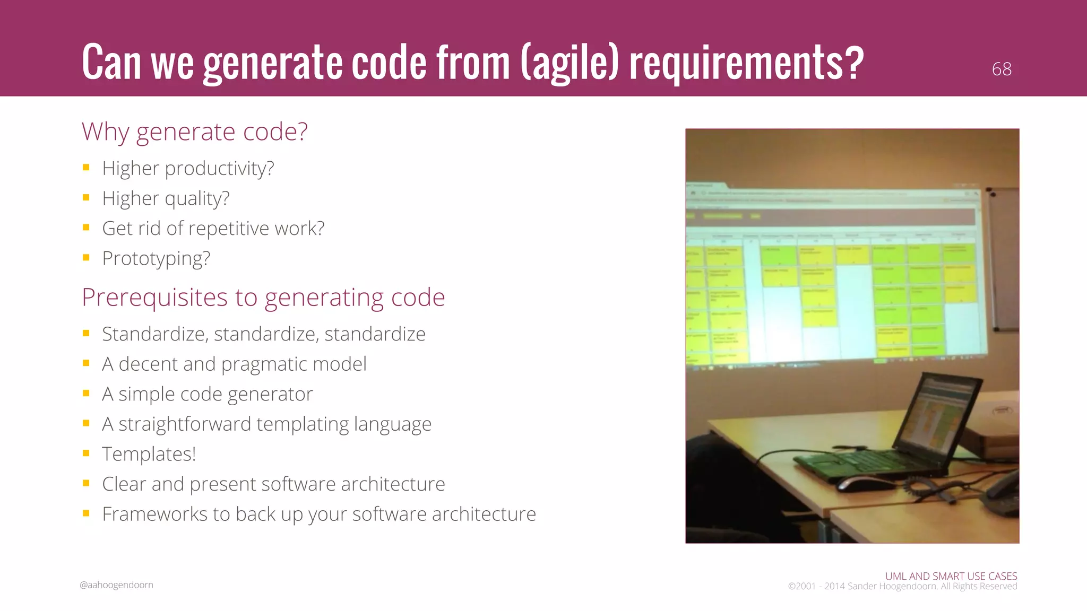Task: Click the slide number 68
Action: click(1001, 69)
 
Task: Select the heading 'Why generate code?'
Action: click(194, 132)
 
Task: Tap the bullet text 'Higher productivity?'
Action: click(188, 168)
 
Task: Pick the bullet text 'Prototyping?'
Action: click(156, 258)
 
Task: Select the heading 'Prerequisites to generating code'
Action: click(263, 297)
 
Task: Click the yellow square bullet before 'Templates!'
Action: click(86, 453)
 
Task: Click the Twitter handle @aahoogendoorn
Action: click(116, 584)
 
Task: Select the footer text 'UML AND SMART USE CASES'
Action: click(951, 576)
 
